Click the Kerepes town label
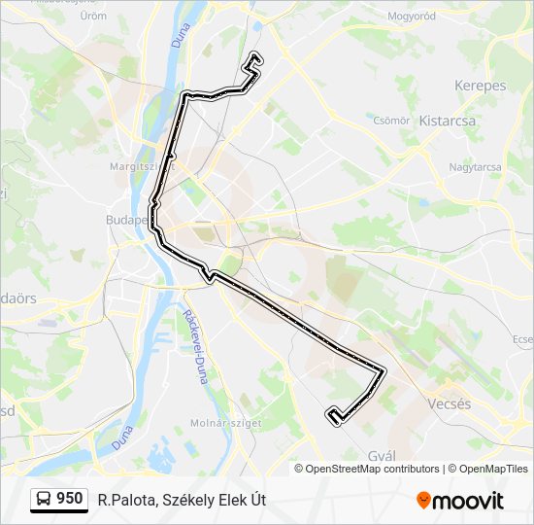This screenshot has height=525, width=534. pyautogui.click(x=480, y=86)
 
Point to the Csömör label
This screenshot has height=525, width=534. pyautogui.click(x=391, y=121)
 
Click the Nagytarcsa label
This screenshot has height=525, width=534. pyautogui.click(x=475, y=167)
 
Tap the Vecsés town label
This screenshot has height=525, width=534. pyautogui.click(x=450, y=403)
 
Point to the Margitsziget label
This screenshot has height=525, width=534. pyautogui.click(x=134, y=166)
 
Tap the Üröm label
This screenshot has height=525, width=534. pyautogui.click(x=93, y=17)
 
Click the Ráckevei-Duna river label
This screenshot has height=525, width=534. pyautogui.click(x=194, y=345)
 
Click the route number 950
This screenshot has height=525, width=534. pyautogui.click(x=69, y=499)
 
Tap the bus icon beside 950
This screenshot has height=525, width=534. pyautogui.click(x=44, y=500)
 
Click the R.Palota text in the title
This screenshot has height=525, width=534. pyautogui.click(x=123, y=501)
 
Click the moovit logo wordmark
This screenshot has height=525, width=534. pyautogui.click(x=467, y=501)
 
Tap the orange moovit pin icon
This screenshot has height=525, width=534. pyautogui.click(x=423, y=501)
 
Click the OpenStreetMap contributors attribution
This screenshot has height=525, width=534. pyautogui.click(x=373, y=469)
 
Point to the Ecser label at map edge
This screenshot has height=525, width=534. pyautogui.click(x=523, y=339)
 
